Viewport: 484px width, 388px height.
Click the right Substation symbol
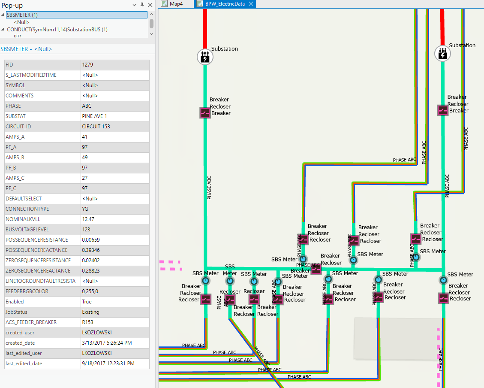click(x=443, y=54)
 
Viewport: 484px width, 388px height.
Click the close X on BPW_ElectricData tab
click(x=251, y=4)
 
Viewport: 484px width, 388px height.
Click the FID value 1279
click(x=88, y=65)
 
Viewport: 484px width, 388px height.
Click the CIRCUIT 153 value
click(x=96, y=127)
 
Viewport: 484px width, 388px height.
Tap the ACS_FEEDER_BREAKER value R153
click(x=87, y=322)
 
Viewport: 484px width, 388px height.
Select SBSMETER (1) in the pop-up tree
click(x=22, y=15)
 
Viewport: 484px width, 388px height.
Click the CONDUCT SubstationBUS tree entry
click(x=57, y=30)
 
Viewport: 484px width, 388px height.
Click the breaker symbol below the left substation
click(x=205, y=112)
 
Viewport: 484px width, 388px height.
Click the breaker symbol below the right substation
click(x=443, y=110)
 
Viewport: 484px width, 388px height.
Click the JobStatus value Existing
click(x=90, y=312)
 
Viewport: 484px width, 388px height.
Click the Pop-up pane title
click(x=12, y=5)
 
